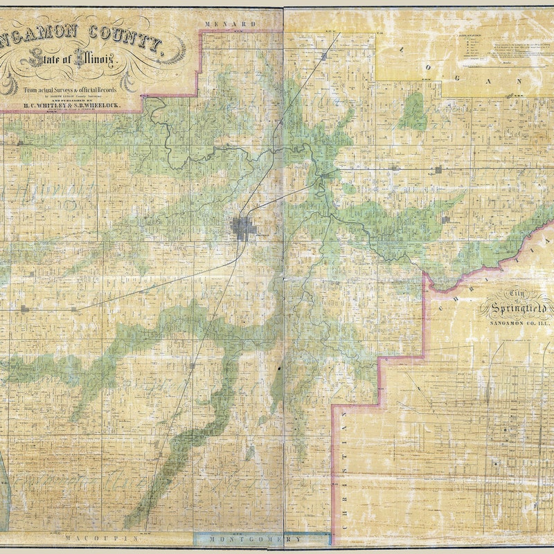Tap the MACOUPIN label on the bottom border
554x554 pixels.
86,537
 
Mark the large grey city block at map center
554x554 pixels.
243,227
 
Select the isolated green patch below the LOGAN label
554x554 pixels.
414,112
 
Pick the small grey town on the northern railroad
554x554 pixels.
323,55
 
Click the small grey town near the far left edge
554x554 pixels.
25,309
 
